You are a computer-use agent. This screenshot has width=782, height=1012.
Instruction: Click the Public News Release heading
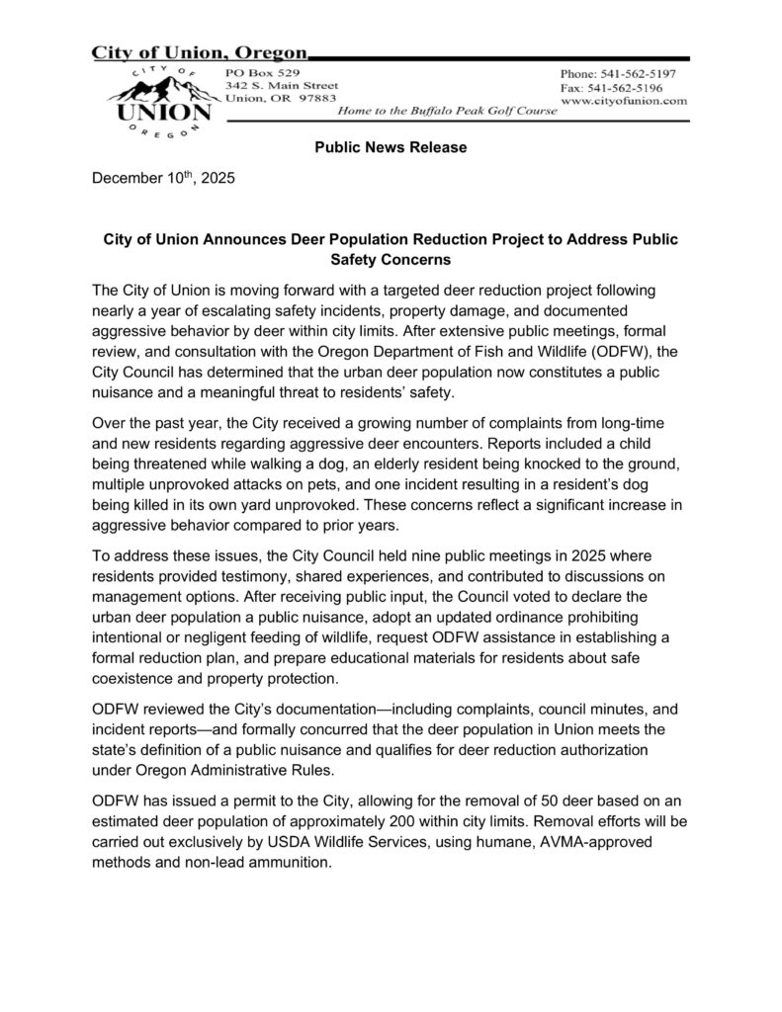point(391,147)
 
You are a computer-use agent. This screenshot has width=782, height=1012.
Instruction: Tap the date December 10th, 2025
point(163,180)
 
